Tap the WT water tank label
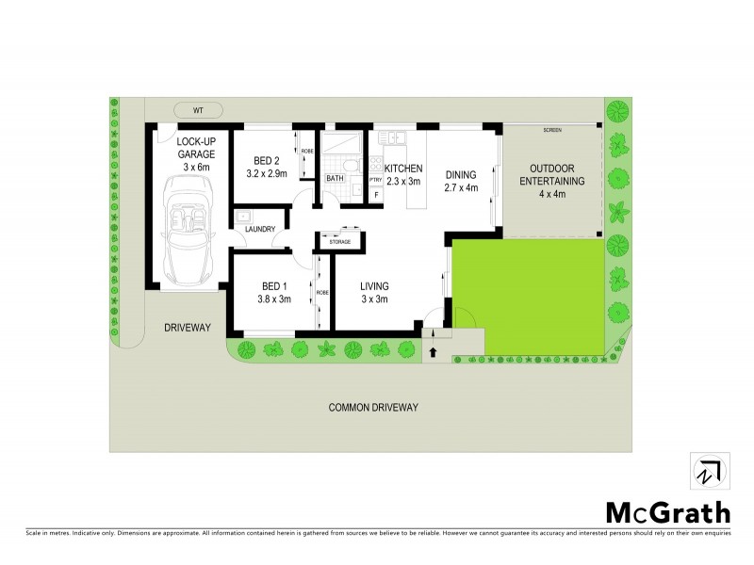coord(198,110)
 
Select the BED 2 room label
coord(255,168)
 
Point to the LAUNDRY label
coord(259,229)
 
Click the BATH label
coord(335,177)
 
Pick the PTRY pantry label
coord(376,179)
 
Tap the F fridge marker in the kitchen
coord(376,194)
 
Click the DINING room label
coord(461,174)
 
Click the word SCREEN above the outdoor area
coord(551,129)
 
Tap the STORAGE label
coord(339,242)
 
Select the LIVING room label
coord(374,292)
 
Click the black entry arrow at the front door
coord(434,353)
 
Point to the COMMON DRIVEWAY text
coord(373,408)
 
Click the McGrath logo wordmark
coord(667,512)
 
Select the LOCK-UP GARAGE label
coord(197,153)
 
